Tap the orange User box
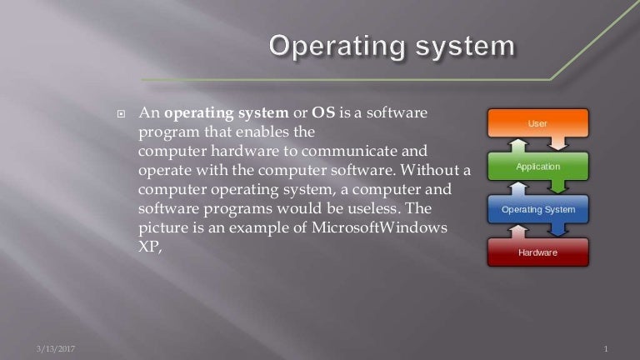(x=537, y=123)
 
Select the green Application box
(x=537, y=167)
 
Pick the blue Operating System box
(x=537, y=209)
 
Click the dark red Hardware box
(x=537, y=252)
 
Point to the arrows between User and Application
(x=537, y=145)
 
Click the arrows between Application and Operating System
(x=537, y=188)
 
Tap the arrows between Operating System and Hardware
(x=537, y=231)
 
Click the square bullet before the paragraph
(x=121, y=112)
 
